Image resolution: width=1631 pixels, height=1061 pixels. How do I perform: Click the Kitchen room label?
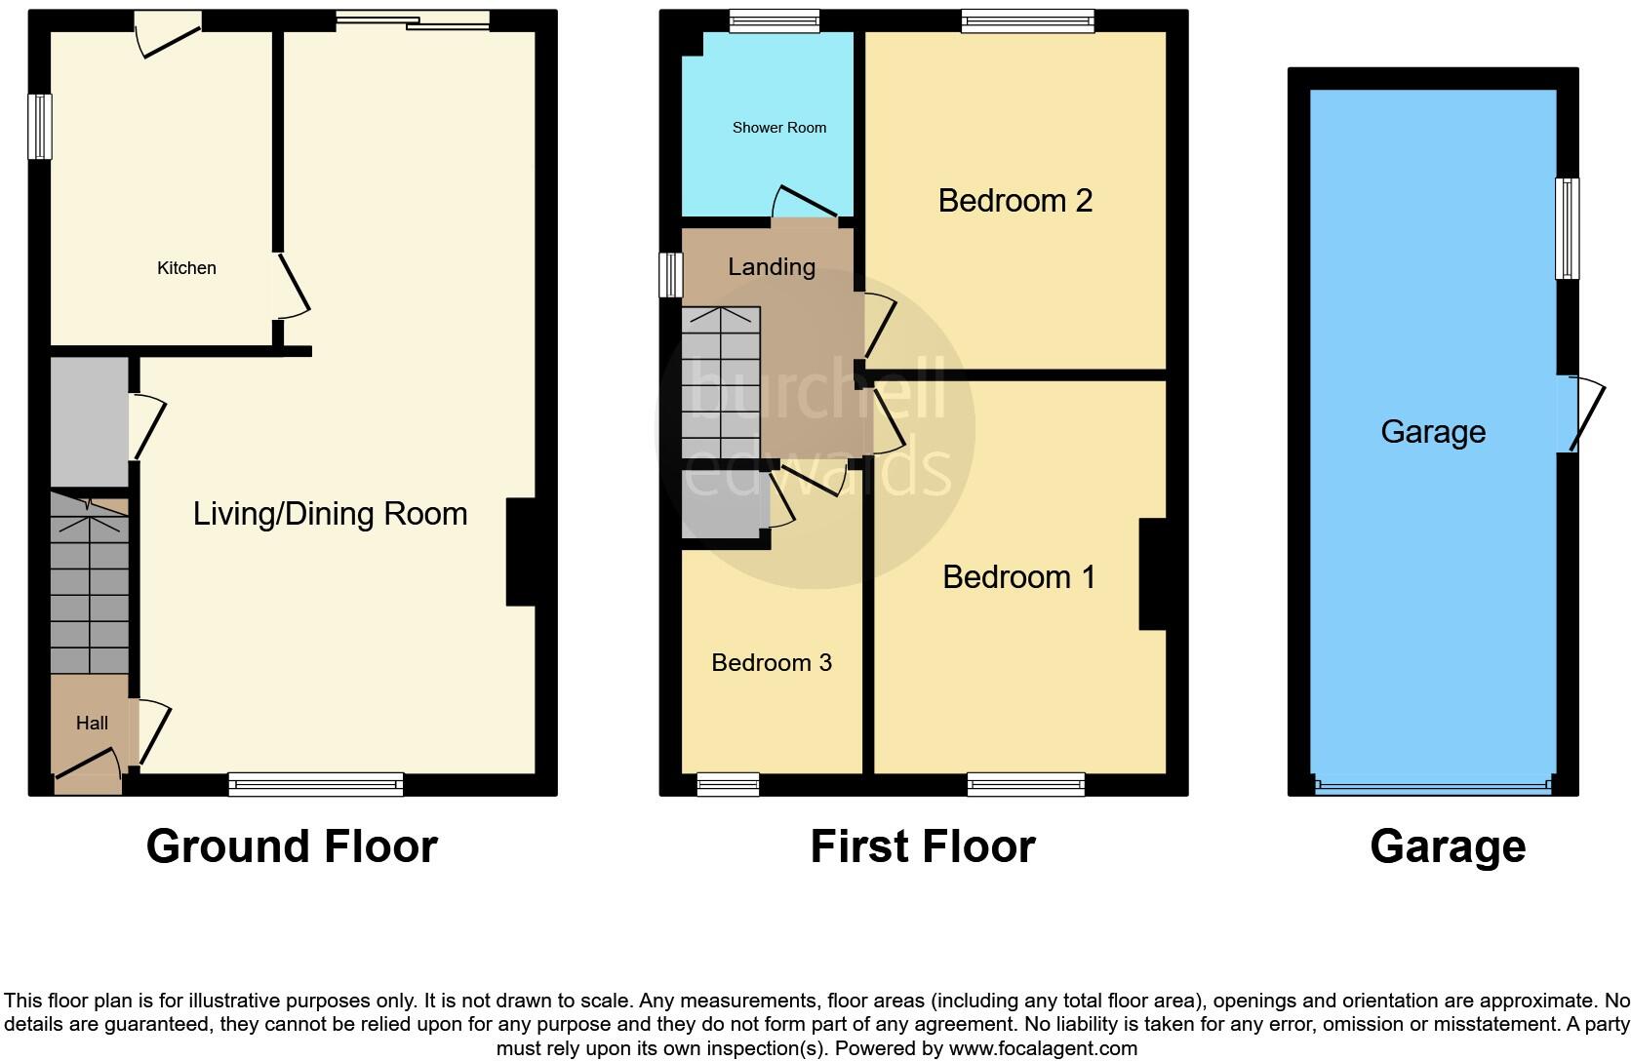(x=186, y=268)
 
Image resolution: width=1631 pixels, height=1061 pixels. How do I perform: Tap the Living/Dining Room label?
(x=330, y=514)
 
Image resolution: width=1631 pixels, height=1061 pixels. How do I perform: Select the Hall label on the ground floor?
(x=92, y=724)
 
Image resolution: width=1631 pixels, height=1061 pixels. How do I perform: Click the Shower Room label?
(x=778, y=128)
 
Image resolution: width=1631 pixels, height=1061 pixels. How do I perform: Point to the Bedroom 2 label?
(x=1014, y=201)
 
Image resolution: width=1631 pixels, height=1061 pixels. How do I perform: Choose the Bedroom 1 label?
(x=1018, y=577)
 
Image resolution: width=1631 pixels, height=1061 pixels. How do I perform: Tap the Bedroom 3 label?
(x=771, y=663)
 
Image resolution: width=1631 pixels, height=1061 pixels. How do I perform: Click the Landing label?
(x=771, y=267)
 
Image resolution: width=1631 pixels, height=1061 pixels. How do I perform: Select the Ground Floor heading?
(x=292, y=846)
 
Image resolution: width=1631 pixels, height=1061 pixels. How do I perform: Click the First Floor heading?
(x=922, y=846)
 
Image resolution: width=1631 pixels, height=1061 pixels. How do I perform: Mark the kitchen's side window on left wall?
(x=39, y=127)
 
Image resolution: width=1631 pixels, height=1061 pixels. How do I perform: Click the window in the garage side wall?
(x=1567, y=228)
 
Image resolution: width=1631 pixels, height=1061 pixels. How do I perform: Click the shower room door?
(x=806, y=202)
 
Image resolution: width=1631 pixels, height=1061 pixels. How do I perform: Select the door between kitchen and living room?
(x=291, y=286)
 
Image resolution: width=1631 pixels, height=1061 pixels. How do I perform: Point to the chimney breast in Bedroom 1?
(x=1153, y=574)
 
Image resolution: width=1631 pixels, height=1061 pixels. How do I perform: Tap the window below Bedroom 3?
(x=728, y=784)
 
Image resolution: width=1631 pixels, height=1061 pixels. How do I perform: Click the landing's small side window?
(x=670, y=275)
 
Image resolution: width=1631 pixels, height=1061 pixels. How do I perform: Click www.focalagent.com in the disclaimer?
(x=1042, y=1049)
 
